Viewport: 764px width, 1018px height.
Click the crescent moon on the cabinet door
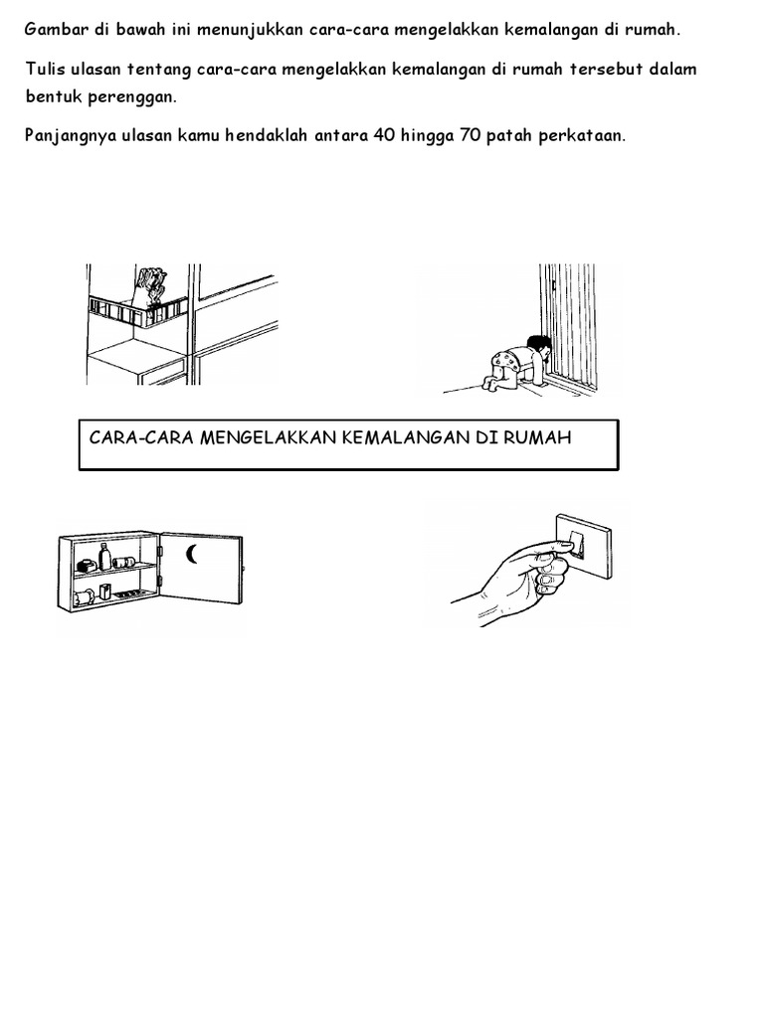pos(190,555)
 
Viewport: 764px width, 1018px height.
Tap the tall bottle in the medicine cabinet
pos(104,557)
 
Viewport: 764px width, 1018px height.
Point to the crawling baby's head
pos(539,347)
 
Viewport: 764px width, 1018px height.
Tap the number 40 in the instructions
pos(384,135)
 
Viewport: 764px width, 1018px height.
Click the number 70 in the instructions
pos(470,135)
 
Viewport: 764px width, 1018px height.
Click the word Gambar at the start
pos(56,30)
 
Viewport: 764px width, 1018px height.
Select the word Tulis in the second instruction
pos(46,69)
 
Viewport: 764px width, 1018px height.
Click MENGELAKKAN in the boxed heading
pos(268,437)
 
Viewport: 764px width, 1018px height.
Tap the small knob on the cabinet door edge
pos(244,570)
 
